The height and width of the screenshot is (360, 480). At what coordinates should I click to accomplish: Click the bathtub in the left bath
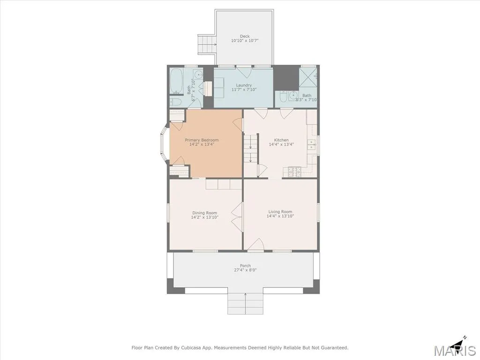(x=176, y=81)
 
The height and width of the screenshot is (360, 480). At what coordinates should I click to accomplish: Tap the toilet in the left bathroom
(x=176, y=102)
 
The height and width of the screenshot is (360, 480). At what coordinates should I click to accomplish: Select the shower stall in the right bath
(x=308, y=77)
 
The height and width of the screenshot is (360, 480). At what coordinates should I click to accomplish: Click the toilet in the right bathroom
(x=284, y=97)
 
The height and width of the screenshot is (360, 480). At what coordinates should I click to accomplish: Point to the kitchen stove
(x=294, y=172)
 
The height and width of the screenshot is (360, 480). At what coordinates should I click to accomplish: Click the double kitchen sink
(x=312, y=144)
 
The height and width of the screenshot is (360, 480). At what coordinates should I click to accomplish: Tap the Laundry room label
(x=244, y=85)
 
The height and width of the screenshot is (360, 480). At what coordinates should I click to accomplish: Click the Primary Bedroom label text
(x=202, y=140)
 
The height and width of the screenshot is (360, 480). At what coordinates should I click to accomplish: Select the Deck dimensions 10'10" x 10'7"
(x=245, y=40)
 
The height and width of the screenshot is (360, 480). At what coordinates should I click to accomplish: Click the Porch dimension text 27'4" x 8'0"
(x=245, y=270)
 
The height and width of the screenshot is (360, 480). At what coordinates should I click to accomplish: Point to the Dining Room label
(x=204, y=213)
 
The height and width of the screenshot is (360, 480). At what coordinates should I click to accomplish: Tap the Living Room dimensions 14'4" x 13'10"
(x=280, y=216)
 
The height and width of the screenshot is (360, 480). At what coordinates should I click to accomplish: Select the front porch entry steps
(x=245, y=304)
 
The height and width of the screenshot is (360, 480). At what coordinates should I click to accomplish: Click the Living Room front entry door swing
(x=256, y=244)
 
